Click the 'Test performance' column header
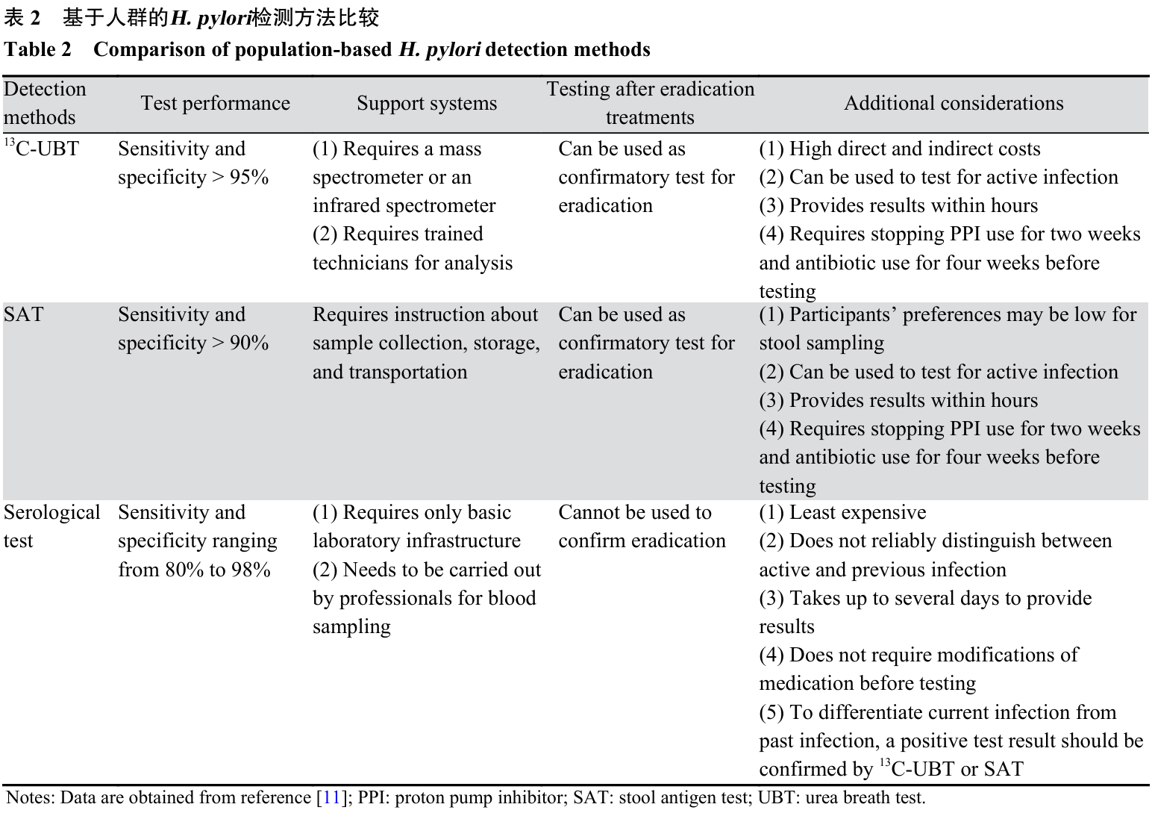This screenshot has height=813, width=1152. click(215, 103)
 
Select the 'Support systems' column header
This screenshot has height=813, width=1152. click(426, 103)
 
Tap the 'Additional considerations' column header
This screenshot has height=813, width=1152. click(953, 103)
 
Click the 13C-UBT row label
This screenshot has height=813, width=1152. click(42, 149)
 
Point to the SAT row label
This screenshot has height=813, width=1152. click(23, 314)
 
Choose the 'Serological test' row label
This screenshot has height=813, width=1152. click(51, 526)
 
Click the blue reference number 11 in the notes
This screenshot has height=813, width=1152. click(331, 797)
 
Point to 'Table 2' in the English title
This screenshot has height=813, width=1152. click(37, 49)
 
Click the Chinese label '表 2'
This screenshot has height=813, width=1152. click(22, 17)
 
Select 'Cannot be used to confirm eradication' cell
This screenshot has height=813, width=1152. click(642, 526)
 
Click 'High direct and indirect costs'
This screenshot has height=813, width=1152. click(914, 149)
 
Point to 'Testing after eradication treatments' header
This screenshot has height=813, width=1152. click(650, 103)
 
